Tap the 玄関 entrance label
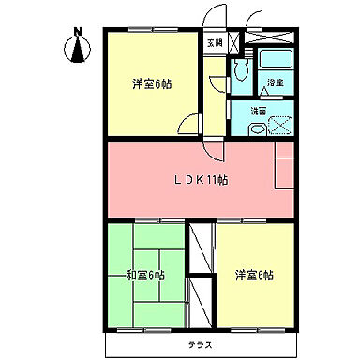click(x=215, y=43)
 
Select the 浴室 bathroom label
click(x=275, y=83)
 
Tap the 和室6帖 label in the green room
click(x=145, y=275)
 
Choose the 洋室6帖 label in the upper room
click(x=150, y=82)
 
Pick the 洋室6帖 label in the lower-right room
click(x=255, y=275)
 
